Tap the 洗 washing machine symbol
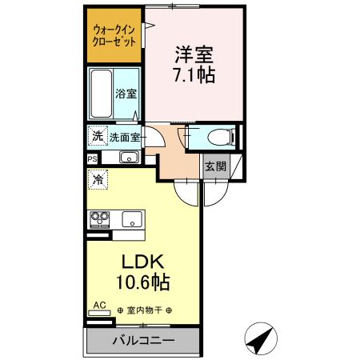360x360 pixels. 97,136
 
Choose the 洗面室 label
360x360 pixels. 125,137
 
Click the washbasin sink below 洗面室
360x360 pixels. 129,158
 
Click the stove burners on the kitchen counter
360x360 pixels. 102,218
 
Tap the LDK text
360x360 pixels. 142,262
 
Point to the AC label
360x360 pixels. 99,305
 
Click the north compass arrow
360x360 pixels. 260,339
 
